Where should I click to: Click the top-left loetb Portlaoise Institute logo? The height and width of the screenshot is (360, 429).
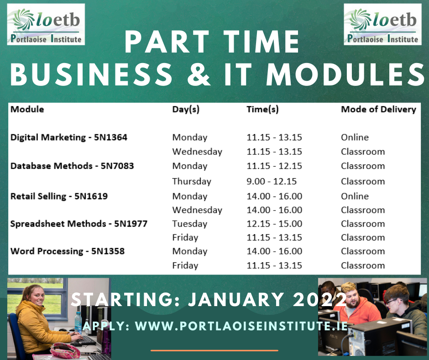(x=46, y=24)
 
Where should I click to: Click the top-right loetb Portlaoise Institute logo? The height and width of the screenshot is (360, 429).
(x=382, y=24)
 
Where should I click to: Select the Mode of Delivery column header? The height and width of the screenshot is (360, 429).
(x=378, y=109)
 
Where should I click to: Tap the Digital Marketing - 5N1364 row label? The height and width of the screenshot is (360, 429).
(x=68, y=137)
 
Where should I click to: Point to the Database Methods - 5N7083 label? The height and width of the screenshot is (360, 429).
(x=72, y=166)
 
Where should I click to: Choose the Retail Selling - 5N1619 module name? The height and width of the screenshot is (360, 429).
(x=59, y=196)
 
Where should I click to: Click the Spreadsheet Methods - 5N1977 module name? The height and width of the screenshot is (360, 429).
(x=79, y=223)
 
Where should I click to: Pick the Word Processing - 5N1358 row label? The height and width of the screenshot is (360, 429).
(x=67, y=251)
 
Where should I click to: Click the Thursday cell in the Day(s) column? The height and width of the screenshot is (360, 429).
(x=192, y=181)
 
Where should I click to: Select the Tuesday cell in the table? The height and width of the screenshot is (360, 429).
(x=189, y=224)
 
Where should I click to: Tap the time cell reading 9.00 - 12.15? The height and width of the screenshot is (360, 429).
(x=272, y=181)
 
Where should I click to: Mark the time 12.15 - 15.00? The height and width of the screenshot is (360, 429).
(x=274, y=224)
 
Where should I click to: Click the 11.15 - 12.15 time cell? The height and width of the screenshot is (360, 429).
(x=274, y=166)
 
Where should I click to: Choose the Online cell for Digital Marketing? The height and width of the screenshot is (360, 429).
(x=355, y=137)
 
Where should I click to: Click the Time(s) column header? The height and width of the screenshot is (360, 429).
(x=262, y=109)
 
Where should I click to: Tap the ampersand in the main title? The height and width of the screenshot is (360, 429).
(x=199, y=74)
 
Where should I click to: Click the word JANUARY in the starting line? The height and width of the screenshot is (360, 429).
(x=236, y=299)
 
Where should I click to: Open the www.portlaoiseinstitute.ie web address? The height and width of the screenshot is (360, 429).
(x=241, y=326)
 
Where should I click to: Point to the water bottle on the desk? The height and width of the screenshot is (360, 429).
(x=78, y=322)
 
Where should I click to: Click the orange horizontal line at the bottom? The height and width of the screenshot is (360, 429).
(x=214, y=350)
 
